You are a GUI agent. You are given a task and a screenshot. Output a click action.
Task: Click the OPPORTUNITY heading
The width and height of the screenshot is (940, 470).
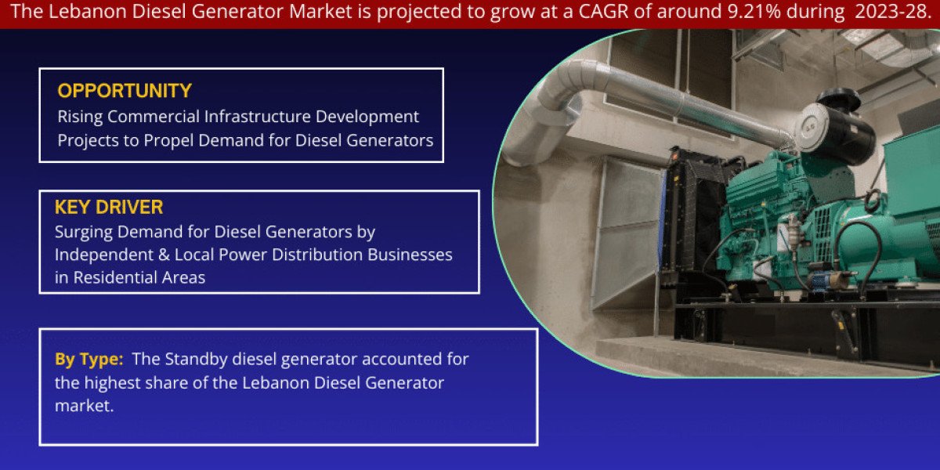tap(125, 91)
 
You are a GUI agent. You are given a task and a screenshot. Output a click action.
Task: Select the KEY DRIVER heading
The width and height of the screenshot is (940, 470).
tap(109, 207)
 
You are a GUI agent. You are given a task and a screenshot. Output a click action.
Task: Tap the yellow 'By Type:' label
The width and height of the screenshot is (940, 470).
tap(89, 360)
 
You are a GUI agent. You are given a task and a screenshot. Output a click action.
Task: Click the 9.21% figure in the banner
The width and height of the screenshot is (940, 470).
tap(754, 11)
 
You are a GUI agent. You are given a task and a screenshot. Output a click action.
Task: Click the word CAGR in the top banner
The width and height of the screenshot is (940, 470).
tap(603, 11)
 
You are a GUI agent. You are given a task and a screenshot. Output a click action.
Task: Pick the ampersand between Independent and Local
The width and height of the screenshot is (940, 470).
tap(164, 255)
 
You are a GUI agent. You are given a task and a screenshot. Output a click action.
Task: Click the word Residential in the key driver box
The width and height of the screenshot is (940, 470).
tap(123, 278)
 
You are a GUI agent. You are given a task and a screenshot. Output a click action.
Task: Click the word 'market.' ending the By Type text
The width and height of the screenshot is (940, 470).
tap(84, 406)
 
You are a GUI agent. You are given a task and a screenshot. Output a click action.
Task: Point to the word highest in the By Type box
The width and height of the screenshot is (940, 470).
tap(112, 383)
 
